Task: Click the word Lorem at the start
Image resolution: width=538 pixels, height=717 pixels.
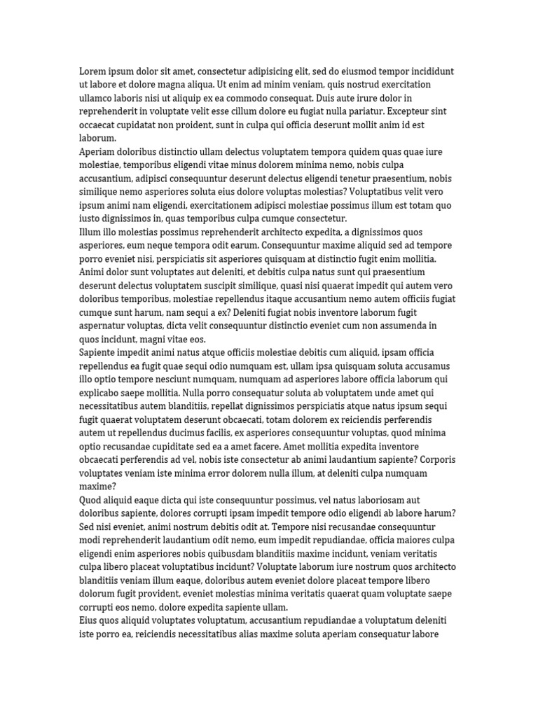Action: pyautogui.click(x=92, y=71)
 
